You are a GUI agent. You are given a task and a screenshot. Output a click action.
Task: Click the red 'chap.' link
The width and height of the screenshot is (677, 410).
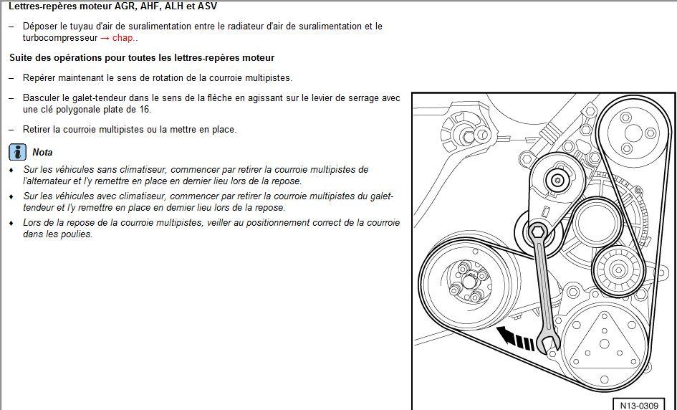point(124,38)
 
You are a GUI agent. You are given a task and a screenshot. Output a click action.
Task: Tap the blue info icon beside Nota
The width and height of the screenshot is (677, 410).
point(16,152)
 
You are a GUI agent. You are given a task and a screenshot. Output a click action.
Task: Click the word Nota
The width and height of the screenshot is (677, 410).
point(42,152)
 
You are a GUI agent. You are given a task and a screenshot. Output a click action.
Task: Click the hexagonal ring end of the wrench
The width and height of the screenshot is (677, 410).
point(537,232)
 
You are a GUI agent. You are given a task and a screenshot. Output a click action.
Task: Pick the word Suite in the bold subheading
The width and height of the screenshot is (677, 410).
point(21,57)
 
